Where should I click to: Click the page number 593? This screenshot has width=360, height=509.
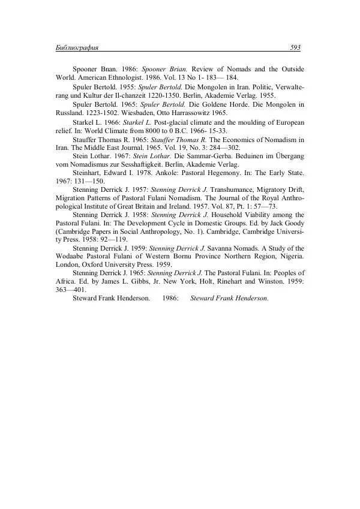[295, 47]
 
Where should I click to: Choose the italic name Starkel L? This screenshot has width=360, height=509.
[138, 122]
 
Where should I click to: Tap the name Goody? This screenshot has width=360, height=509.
[293, 222]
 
